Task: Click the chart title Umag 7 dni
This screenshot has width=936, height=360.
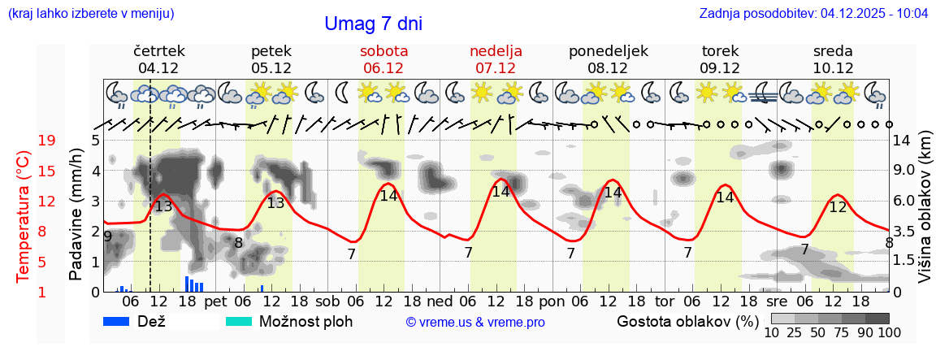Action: [x=373, y=24]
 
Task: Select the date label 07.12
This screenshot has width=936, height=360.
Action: [x=496, y=68]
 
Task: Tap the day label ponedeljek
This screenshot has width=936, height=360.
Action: [x=608, y=51]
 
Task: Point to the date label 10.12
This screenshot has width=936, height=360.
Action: [x=832, y=68]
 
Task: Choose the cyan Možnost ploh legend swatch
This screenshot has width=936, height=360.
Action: [x=238, y=321]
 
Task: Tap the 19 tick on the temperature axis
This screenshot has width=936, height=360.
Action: [x=47, y=141]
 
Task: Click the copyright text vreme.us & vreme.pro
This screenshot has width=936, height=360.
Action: [x=475, y=323]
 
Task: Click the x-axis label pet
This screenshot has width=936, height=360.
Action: [x=215, y=301]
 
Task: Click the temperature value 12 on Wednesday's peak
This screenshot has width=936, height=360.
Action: [x=838, y=207]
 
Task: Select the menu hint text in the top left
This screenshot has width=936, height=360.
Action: [x=90, y=14]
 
